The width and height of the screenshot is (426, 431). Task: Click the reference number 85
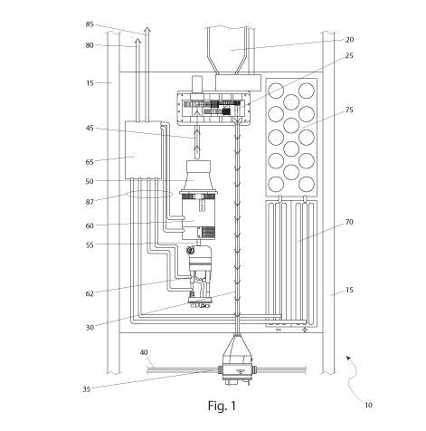click(90, 24)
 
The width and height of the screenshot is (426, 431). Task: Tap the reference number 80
click(90, 45)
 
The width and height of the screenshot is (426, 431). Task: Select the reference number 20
click(349, 40)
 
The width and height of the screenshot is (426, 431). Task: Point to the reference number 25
click(349, 56)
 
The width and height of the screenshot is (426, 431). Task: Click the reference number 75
click(349, 110)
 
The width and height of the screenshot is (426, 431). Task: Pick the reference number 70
click(349, 222)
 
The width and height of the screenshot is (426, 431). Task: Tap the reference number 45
click(90, 129)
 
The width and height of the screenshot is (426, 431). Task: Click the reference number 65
click(90, 162)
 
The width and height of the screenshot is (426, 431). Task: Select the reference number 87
click(90, 202)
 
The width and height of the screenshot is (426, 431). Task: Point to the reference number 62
click(90, 293)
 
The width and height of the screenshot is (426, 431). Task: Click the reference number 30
click(90, 328)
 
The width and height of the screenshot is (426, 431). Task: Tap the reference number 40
click(144, 352)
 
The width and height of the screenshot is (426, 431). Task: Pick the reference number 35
click(87, 389)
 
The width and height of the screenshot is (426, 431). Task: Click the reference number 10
click(368, 405)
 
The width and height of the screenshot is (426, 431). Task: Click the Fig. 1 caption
click(222, 406)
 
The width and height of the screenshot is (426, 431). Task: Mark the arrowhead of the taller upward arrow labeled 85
click(147, 30)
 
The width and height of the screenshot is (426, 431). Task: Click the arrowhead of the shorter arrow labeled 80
click(137, 41)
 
